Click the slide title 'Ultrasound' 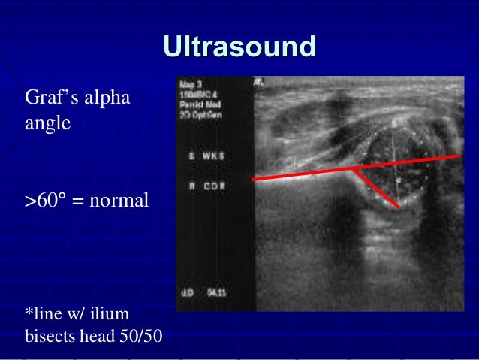click(239, 47)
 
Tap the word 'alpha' click(110, 98)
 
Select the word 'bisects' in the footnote click(49, 334)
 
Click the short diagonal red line click(375, 189)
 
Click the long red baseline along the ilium click(300, 175)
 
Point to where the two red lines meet click(352, 170)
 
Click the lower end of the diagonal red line click(397, 207)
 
